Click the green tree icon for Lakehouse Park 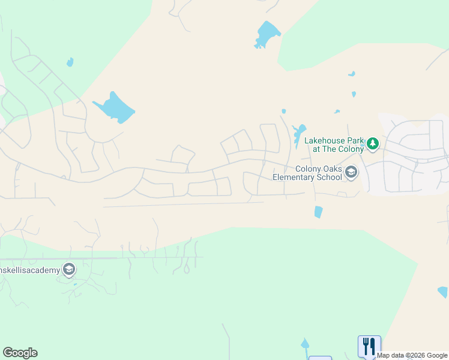(x=373, y=143)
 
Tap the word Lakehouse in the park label (x=325, y=140)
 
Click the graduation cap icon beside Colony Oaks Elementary (x=352, y=173)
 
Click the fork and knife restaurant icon (x=369, y=346)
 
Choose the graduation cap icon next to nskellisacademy (x=69, y=270)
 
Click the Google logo (x=20, y=353)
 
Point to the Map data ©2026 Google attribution (x=412, y=355)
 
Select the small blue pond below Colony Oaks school (x=318, y=212)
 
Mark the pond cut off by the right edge (x=443, y=292)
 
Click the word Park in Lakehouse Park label (x=356, y=140)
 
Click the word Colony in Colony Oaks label (x=309, y=169)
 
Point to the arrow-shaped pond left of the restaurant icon (x=305, y=344)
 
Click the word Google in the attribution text (x=437, y=355)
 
